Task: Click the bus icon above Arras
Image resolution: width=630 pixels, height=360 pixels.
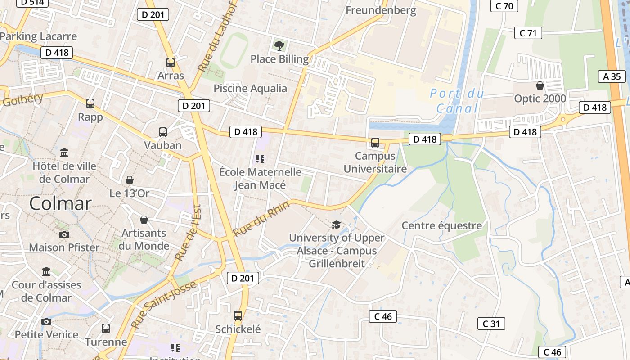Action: point(171,63)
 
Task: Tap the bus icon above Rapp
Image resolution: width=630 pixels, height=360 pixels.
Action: point(90,103)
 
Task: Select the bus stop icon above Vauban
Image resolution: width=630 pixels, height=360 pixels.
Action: point(163,132)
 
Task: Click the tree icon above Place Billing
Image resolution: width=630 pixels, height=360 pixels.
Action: point(279,45)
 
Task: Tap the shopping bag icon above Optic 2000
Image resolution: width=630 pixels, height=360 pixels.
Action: point(540,85)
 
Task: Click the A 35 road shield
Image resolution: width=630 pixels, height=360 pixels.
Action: point(612,76)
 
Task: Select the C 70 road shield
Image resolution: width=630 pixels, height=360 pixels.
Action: point(504,6)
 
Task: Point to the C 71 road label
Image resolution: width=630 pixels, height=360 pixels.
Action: point(528,33)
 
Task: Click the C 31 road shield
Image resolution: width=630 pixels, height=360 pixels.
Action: point(491,324)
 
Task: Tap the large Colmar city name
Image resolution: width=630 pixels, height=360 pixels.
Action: point(60,204)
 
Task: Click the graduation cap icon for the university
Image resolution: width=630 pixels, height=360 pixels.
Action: point(336,224)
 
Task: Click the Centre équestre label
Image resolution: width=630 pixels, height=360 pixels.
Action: point(441,225)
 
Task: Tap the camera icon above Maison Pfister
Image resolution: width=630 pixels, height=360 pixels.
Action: point(64,234)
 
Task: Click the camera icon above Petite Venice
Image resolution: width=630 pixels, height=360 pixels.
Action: point(46,321)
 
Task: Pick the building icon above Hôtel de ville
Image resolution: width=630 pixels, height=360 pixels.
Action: point(64,153)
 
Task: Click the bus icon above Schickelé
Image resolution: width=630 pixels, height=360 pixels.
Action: point(238,316)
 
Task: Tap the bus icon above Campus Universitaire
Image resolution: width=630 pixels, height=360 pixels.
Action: point(375,143)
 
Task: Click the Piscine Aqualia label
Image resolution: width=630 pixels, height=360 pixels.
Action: point(250,88)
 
